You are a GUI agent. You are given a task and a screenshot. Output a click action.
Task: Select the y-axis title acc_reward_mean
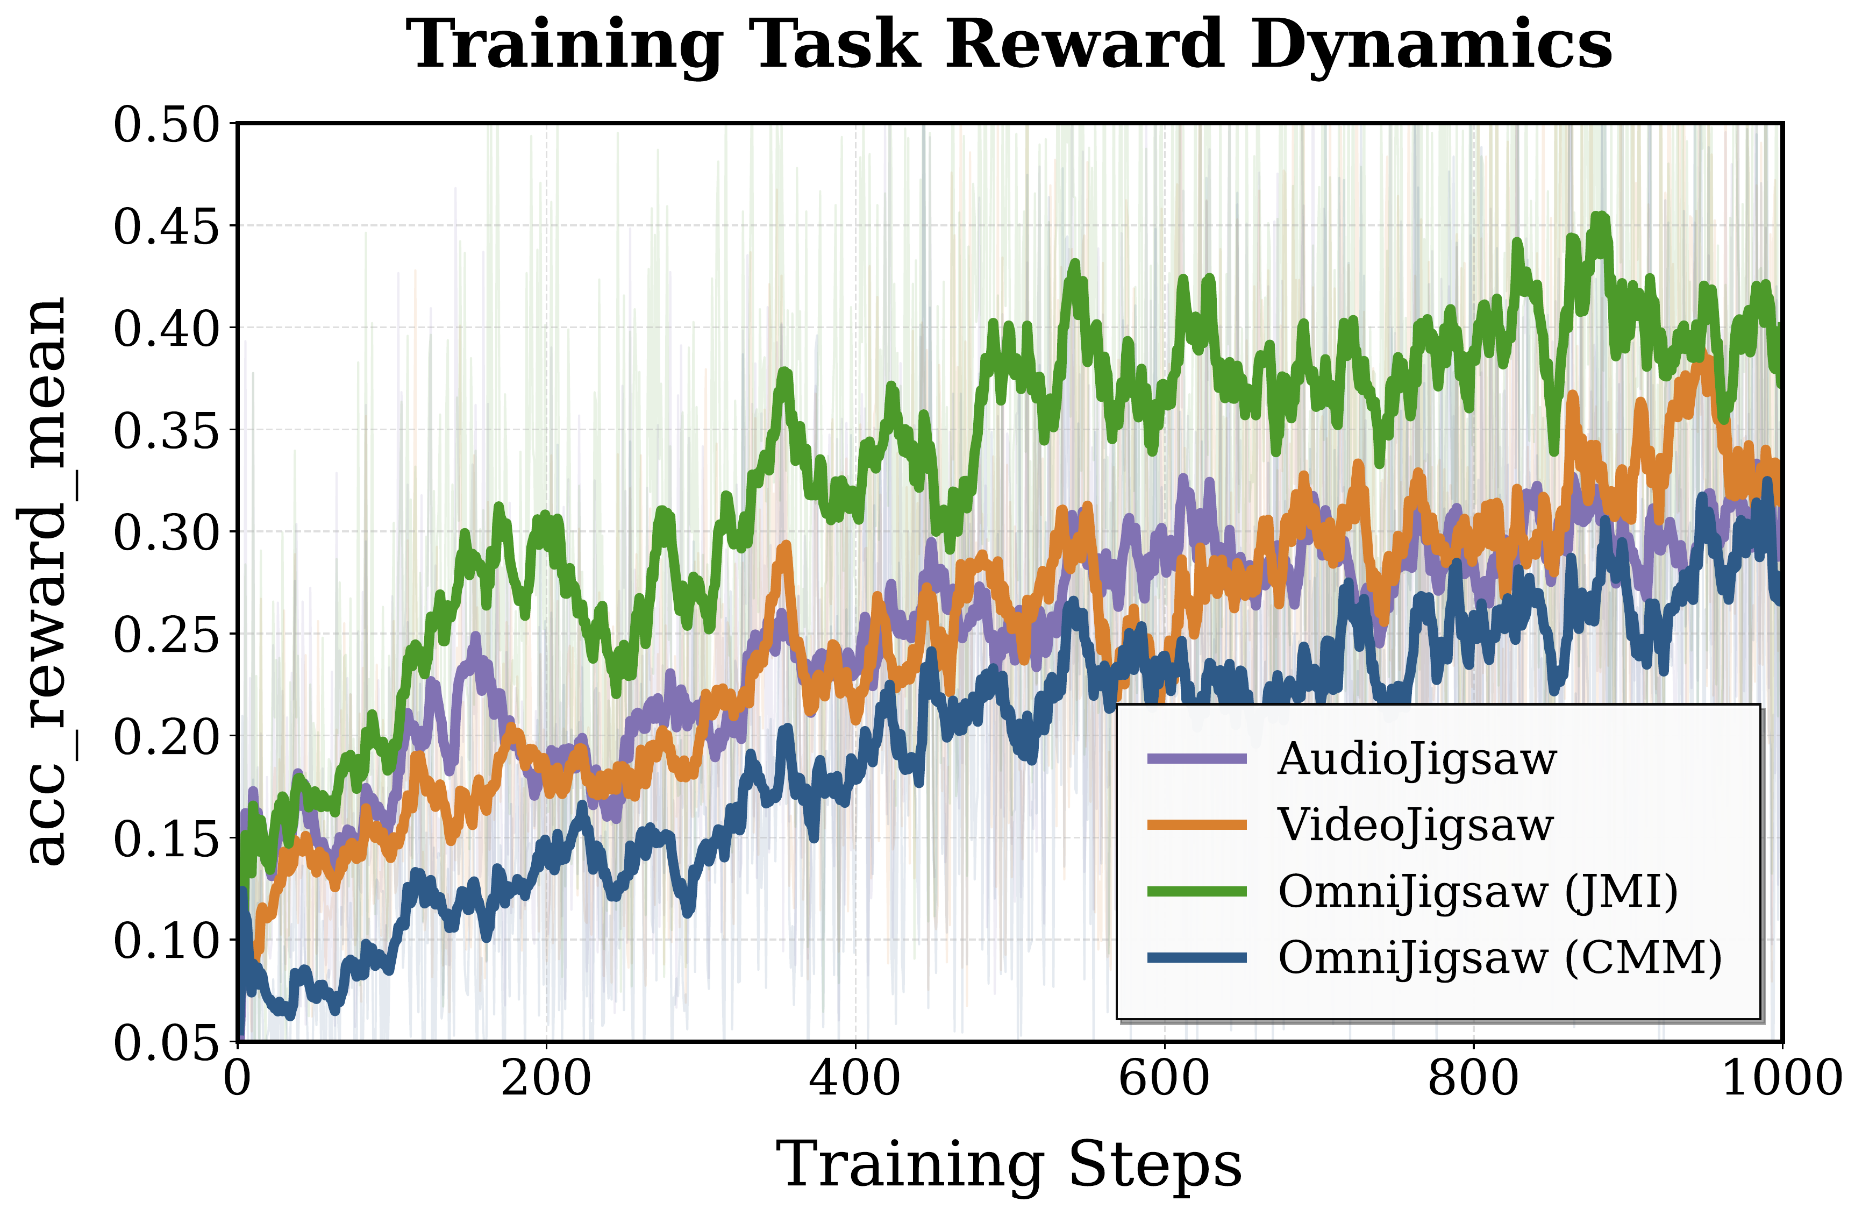tap(47, 581)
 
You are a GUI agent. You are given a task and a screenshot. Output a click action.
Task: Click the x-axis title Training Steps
tap(1009, 1164)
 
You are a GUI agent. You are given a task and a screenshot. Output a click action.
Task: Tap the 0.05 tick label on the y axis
tap(166, 1042)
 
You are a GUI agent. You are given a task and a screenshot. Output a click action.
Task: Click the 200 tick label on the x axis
tap(546, 1078)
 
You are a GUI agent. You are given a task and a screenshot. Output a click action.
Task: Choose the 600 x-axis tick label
tap(1164, 1078)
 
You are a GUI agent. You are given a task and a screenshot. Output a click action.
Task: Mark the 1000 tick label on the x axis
tap(1782, 1078)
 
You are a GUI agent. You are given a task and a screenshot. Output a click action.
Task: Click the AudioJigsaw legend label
tap(1417, 758)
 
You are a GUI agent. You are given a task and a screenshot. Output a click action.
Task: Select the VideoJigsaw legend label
tap(1415, 825)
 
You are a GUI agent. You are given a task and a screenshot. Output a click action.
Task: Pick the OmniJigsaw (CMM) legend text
tap(1500, 958)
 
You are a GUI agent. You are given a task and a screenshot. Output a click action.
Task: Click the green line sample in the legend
tap(1197, 891)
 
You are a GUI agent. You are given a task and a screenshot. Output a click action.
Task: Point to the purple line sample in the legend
tap(1197, 758)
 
